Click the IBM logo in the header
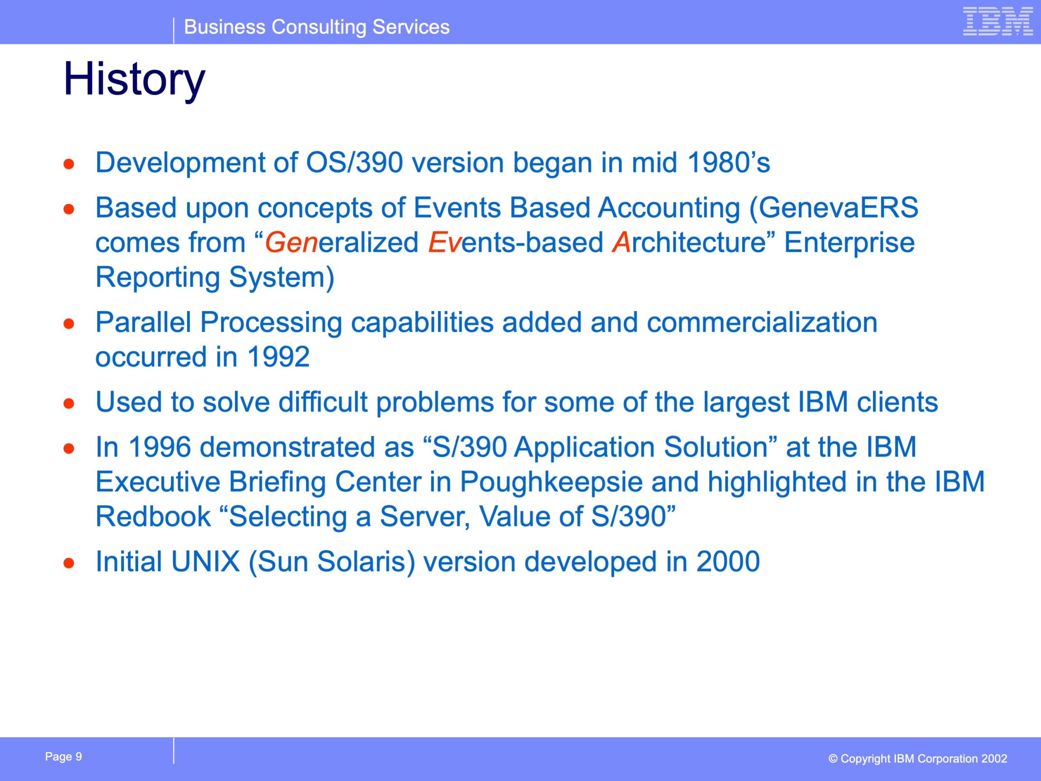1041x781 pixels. click(x=998, y=21)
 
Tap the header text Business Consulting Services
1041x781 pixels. click(x=317, y=27)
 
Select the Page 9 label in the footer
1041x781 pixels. click(x=63, y=757)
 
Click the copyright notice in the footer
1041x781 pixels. click(x=918, y=759)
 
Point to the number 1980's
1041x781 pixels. click(x=729, y=163)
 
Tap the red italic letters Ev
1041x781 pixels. click(x=444, y=243)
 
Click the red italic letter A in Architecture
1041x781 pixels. click(x=621, y=243)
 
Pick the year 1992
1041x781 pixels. click(x=279, y=357)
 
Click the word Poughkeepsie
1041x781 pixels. click(x=551, y=482)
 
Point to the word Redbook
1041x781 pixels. click(x=153, y=517)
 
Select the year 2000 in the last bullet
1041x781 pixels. click(x=728, y=562)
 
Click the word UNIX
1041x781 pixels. click(x=206, y=562)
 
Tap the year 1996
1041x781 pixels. click(x=159, y=447)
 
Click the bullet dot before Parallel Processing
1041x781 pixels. click(x=69, y=323)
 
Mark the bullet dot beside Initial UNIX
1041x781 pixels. click(x=69, y=563)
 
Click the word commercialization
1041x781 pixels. click(x=762, y=323)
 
